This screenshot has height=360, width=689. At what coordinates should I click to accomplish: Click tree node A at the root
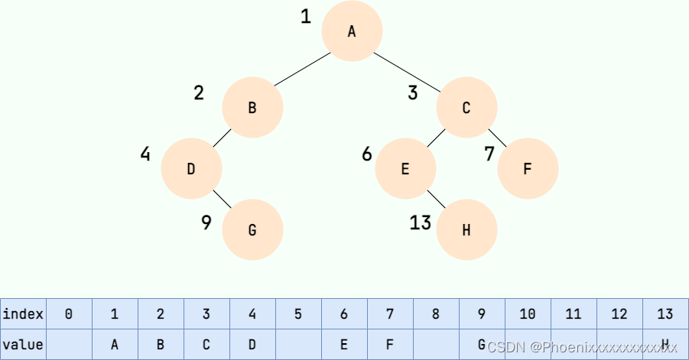point(352,31)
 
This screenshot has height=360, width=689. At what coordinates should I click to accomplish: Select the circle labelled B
point(252,108)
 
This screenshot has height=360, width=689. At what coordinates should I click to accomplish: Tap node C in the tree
point(466,108)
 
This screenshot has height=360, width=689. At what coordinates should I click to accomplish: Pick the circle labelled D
point(191,169)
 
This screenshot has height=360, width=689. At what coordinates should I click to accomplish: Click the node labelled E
point(405,169)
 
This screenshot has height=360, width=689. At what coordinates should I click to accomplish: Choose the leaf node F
point(528,169)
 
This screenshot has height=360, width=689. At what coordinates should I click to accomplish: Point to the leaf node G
point(252,229)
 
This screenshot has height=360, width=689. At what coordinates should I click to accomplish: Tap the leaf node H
point(466,229)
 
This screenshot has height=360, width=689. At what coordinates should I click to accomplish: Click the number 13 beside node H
point(421,222)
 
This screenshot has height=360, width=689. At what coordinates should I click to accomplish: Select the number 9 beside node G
point(206,222)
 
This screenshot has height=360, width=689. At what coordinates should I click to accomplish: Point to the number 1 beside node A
point(306,16)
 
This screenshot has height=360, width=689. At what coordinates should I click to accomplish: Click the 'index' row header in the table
point(23,313)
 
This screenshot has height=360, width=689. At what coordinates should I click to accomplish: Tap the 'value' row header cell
point(23,344)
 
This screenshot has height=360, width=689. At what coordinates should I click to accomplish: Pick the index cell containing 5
point(298,313)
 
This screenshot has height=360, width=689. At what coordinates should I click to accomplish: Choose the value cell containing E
point(344,344)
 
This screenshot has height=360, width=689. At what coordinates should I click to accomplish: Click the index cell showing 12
point(619,313)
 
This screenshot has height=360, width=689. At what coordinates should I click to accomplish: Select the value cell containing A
point(115,344)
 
